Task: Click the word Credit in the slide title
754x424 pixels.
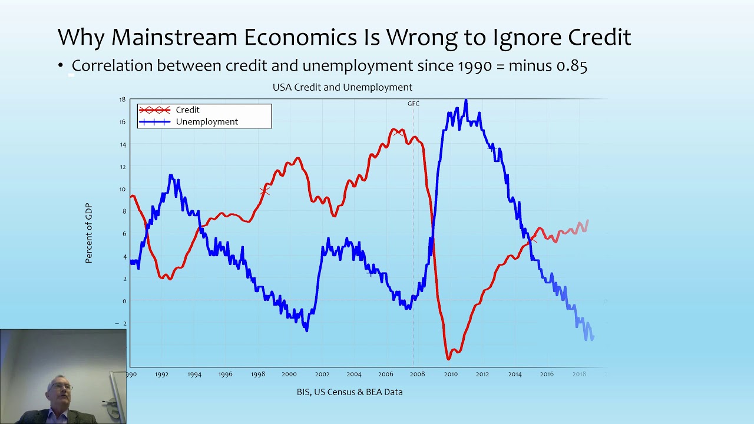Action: pyautogui.click(x=600, y=37)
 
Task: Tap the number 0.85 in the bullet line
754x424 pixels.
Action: pyautogui.click(x=571, y=65)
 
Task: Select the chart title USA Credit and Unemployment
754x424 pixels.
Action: pyautogui.click(x=342, y=88)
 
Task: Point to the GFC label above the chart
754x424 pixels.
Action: pyautogui.click(x=414, y=104)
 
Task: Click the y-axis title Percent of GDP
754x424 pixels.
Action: pyautogui.click(x=88, y=233)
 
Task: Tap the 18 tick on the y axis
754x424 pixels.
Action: pyautogui.click(x=122, y=100)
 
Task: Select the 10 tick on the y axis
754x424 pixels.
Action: pyautogui.click(x=122, y=189)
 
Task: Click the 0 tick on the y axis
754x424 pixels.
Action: pyautogui.click(x=124, y=301)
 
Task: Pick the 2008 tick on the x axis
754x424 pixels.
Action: pyautogui.click(x=418, y=374)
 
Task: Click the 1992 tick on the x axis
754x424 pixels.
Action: pyautogui.click(x=161, y=374)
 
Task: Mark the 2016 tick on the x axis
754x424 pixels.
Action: pyautogui.click(x=547, y=374)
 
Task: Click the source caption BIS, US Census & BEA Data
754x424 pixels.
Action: pyautogui.click(x=350, y=392)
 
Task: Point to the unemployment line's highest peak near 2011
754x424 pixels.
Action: pyautogui.click(x=466, y=100)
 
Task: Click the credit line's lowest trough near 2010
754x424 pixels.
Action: pyautogui.click(x=448, y=359)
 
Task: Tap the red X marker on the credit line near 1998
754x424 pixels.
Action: pyautogui.click(x=264, y=191)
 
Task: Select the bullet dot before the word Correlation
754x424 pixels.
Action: pyautogui.click(x=61, y=65)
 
